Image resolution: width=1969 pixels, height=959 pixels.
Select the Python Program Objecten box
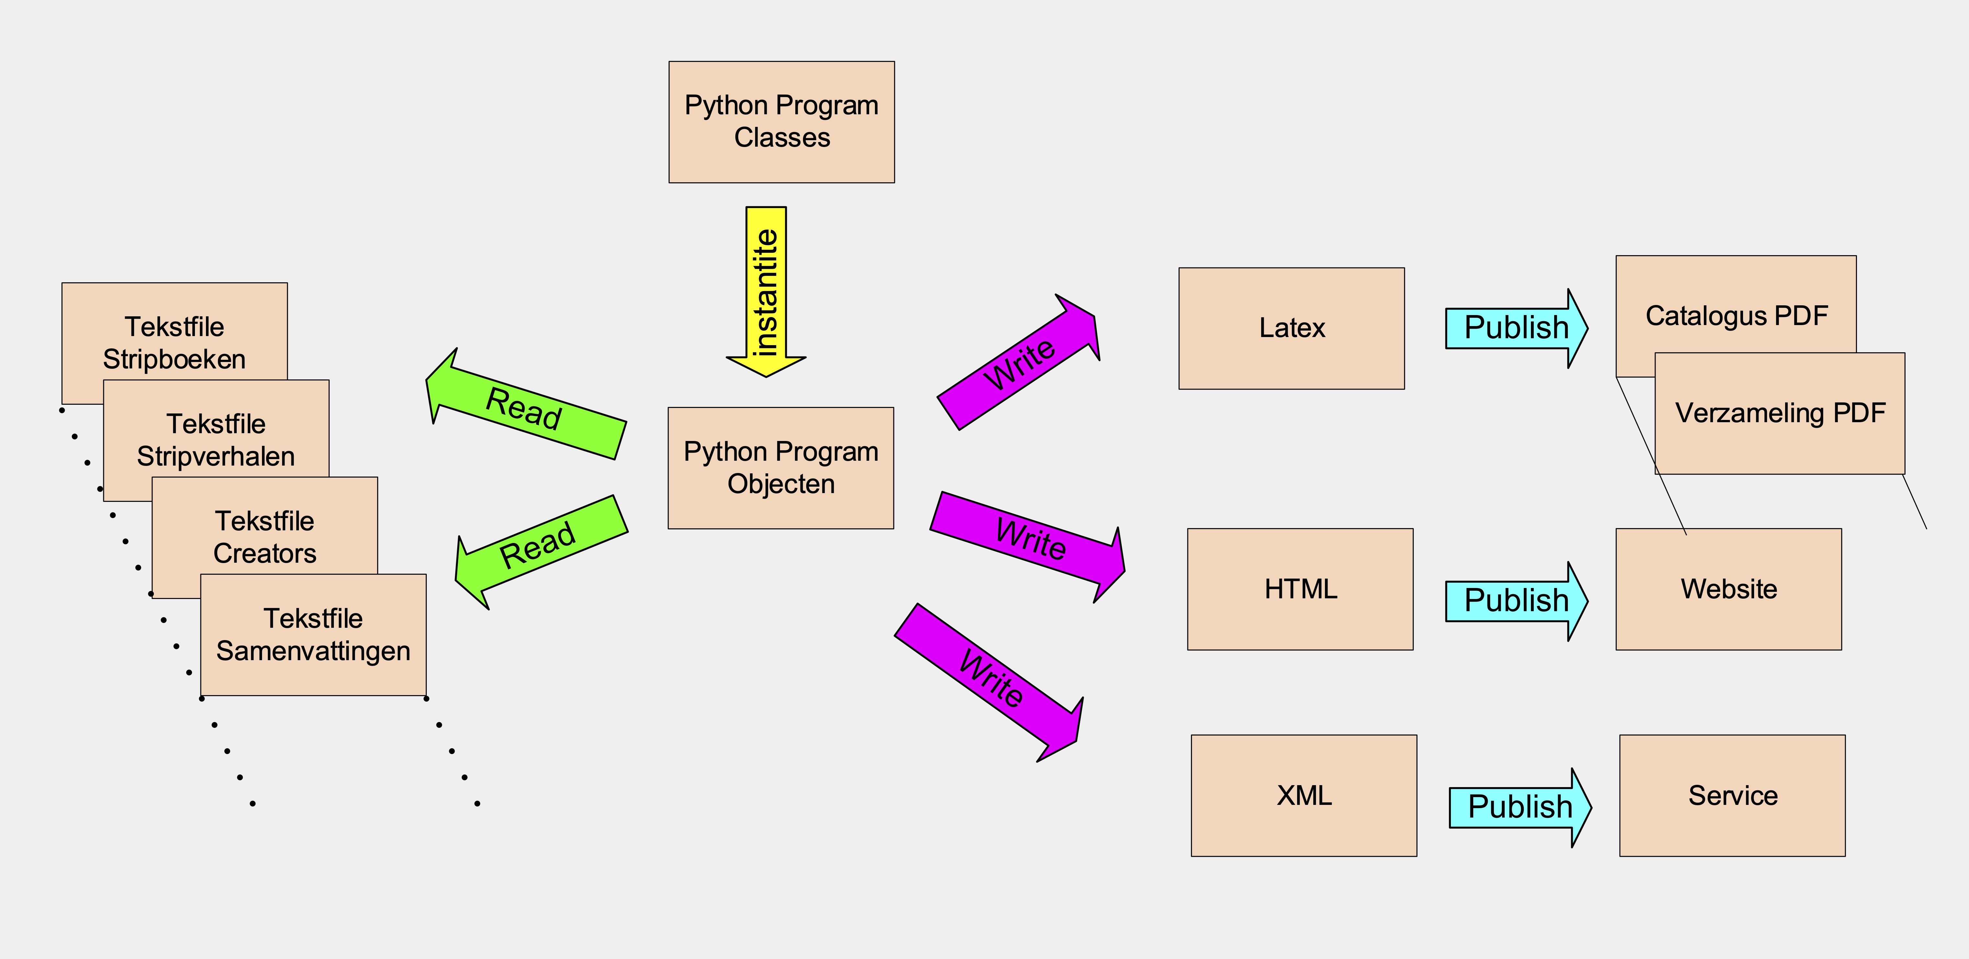[x=780, y=468]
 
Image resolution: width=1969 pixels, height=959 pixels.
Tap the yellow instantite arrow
[x=766, y=290]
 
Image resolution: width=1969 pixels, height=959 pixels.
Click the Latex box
[x=1291, y=328]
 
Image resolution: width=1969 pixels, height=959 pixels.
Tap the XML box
[x=1303, y=795]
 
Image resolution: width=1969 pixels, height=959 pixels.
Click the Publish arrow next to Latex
[x=1516, y=328]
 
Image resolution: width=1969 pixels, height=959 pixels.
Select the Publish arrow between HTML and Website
[x=1516, y=601]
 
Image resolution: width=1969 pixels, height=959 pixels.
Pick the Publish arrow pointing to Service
[x=1520, y=807]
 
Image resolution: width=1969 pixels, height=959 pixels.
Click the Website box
[x=1728, y=589]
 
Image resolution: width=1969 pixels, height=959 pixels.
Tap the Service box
[x=1732, y=795]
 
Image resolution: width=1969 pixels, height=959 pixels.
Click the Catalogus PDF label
[x=1736, y=316]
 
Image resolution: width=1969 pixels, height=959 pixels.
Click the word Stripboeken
[x=174, y=359]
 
